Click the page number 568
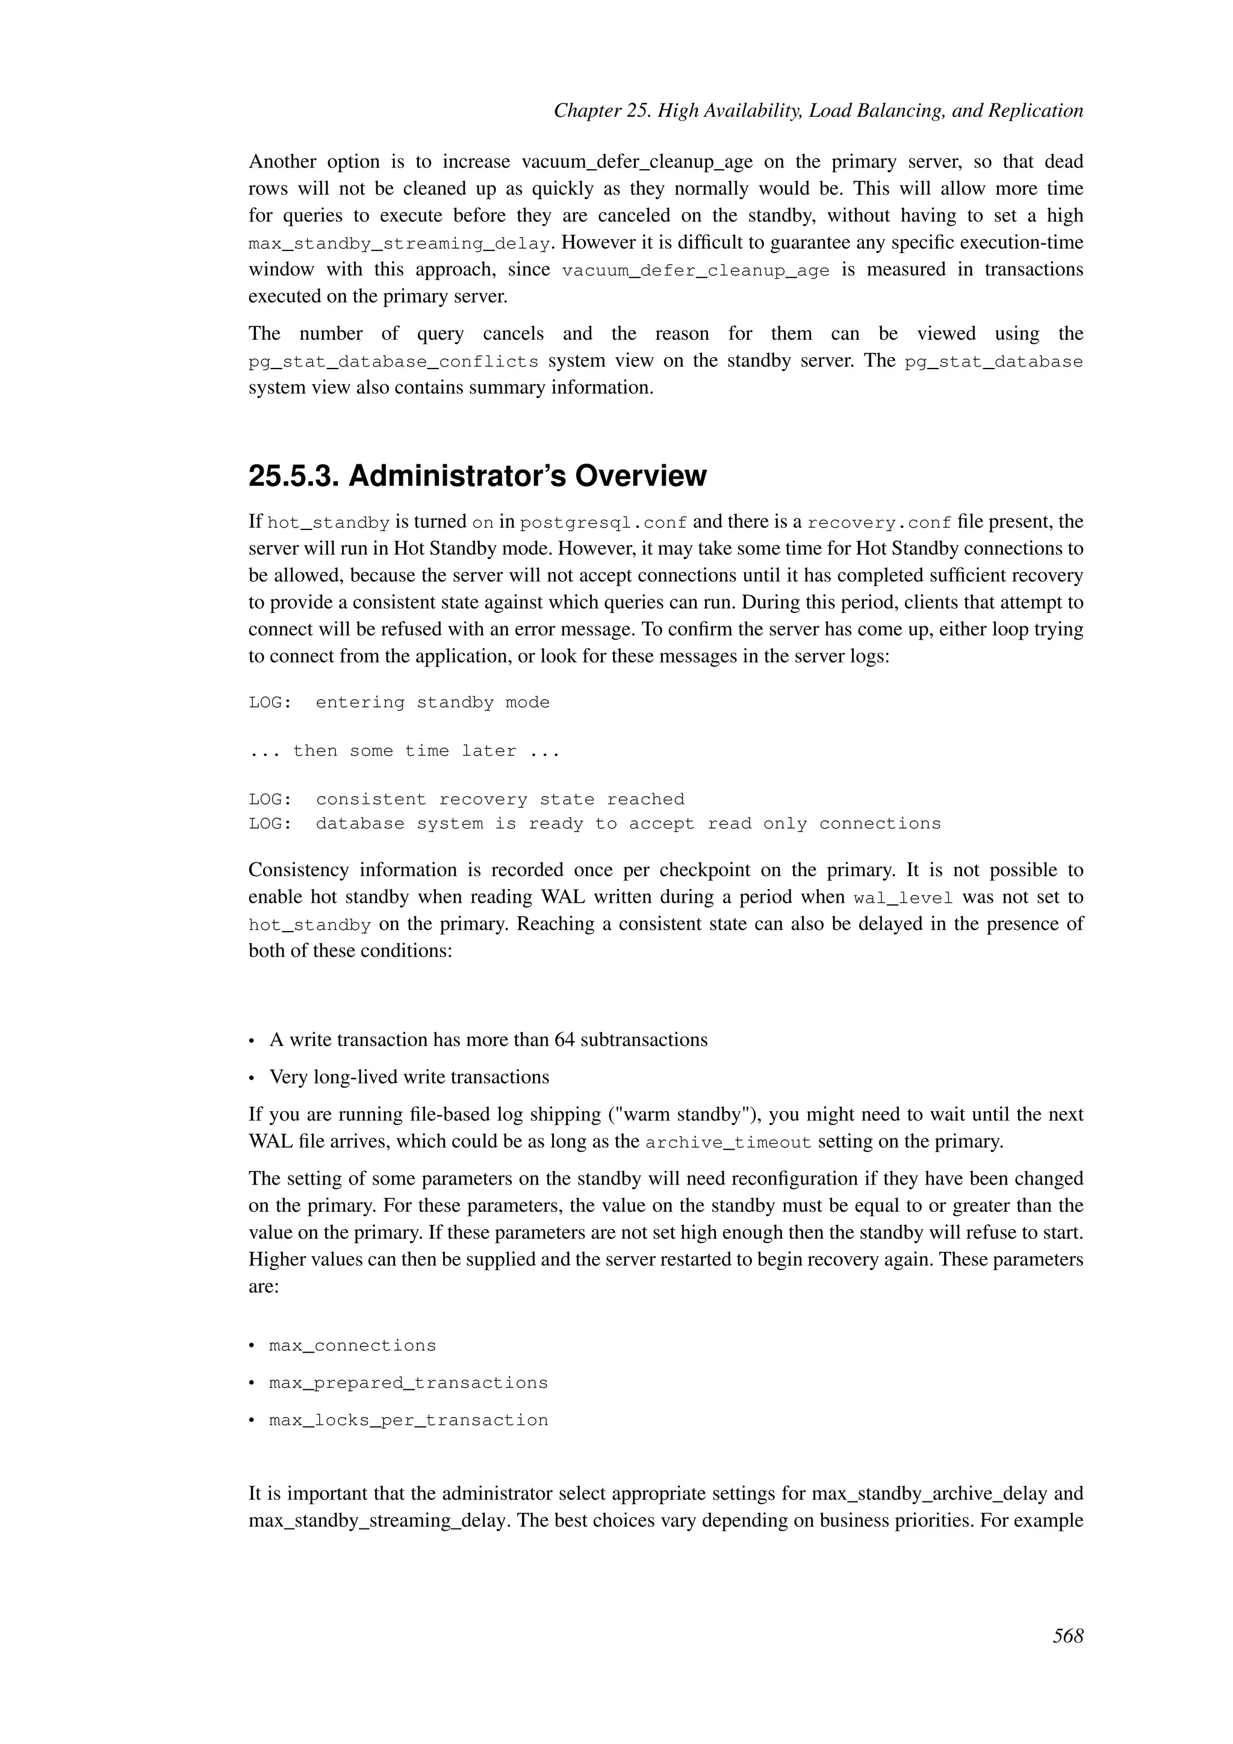click(1067, 1636)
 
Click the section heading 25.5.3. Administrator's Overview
click(477, 477)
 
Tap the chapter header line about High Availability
click(818, 111)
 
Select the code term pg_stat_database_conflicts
click(393, 361)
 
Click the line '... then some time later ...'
click(404, 751)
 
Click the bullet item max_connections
click(352, 1346)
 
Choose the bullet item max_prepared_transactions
click(408, 1383)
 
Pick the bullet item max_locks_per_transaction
click(408, 1421)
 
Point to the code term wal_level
click(902, 898)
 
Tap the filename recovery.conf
click(878, 523)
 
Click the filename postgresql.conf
click(604, 523)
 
